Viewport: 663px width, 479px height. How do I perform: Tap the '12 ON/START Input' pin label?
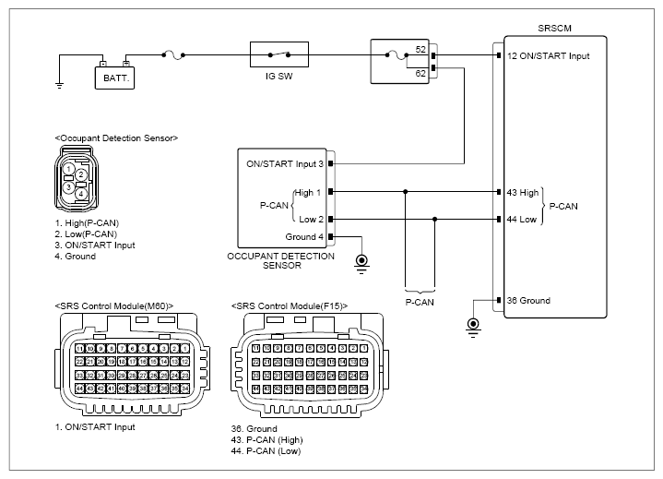pos(548,56)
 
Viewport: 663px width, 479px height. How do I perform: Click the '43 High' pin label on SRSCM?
pos(523,192)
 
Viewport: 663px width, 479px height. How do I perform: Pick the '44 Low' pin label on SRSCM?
pos(522,220)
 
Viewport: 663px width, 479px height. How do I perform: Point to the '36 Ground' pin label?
pos(528,301)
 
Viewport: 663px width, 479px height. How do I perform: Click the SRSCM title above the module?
pos(554,29)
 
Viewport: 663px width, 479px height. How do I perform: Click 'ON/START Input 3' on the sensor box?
pos(284,164)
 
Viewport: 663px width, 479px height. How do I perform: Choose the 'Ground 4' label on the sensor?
pos(303,237)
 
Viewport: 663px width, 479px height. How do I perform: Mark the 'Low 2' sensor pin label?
pos(310,220)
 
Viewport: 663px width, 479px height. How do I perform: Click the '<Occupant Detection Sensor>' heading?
pos(116,138)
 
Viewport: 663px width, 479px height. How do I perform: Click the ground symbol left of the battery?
pos(60,86)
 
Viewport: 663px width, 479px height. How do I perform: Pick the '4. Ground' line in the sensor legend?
pos(76,256)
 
